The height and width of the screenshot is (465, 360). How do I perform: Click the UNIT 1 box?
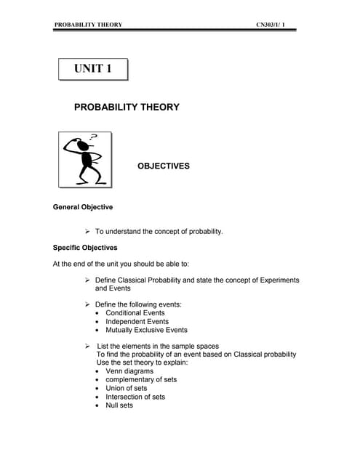(x=93, y=69)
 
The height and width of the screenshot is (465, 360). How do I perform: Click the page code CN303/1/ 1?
(x=276, y=25)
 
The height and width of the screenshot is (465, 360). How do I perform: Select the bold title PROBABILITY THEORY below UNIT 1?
(x=127, y=108)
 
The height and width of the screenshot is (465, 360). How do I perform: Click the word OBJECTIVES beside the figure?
(x=164, y=166)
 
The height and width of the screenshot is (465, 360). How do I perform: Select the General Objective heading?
(x=83, y=207)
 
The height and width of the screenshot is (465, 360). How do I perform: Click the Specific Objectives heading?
(x=85, y=248)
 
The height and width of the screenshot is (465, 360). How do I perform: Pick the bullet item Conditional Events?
(x=135, y=313)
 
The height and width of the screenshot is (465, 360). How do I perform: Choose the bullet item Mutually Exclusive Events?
(x=146, y=330)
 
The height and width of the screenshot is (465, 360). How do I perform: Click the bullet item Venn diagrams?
(x=129, y=371)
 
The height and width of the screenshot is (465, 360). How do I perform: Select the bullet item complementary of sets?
(x=141, y=379)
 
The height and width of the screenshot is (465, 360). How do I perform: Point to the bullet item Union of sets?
(x=126, y=388)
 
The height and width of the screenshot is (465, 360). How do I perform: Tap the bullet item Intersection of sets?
(x=135, y=397)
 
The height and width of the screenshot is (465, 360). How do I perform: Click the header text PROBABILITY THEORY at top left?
(x=88, y=25)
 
